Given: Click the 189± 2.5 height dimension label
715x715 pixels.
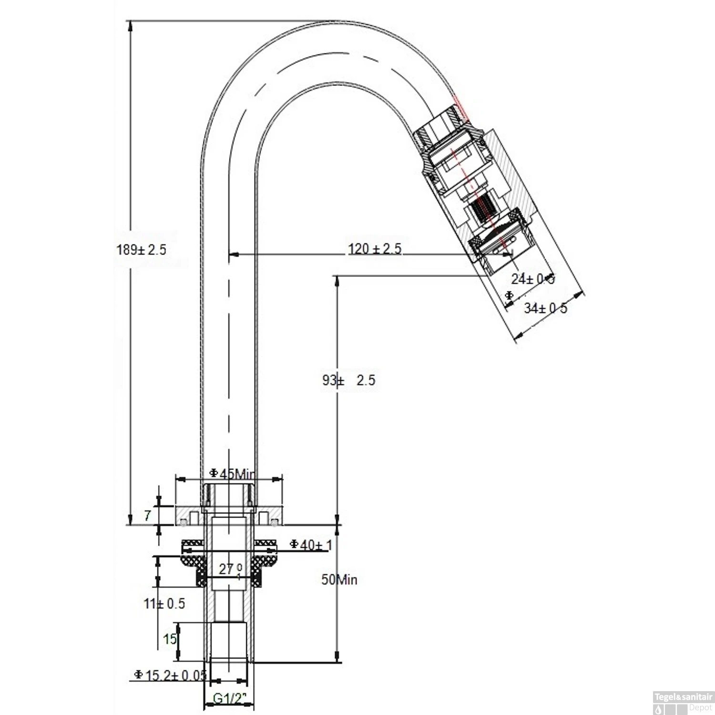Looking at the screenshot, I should tap(142, 250).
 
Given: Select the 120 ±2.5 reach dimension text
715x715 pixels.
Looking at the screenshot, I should tap(375, 249).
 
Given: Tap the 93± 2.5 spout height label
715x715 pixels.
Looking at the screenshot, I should tap(349, 380).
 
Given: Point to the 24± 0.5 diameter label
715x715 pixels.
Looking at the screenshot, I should tap(533, 279).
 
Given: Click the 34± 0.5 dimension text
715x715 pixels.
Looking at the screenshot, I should tap(545, 308).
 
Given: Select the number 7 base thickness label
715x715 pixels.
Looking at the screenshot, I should tap(148, 515).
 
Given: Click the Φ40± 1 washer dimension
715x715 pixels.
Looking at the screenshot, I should tap(311, 544).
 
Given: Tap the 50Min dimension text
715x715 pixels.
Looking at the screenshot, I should tap(339, 580).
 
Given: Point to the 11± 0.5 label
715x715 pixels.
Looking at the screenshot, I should tap(164, 603).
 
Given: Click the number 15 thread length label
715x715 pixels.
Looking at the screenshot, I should tap(170, 639).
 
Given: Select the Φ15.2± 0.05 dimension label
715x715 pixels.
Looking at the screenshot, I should tap(170, 675).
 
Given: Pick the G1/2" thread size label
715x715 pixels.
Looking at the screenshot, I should tap(229, 699).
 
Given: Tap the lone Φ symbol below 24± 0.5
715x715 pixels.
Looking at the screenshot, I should tap(509, 296).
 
